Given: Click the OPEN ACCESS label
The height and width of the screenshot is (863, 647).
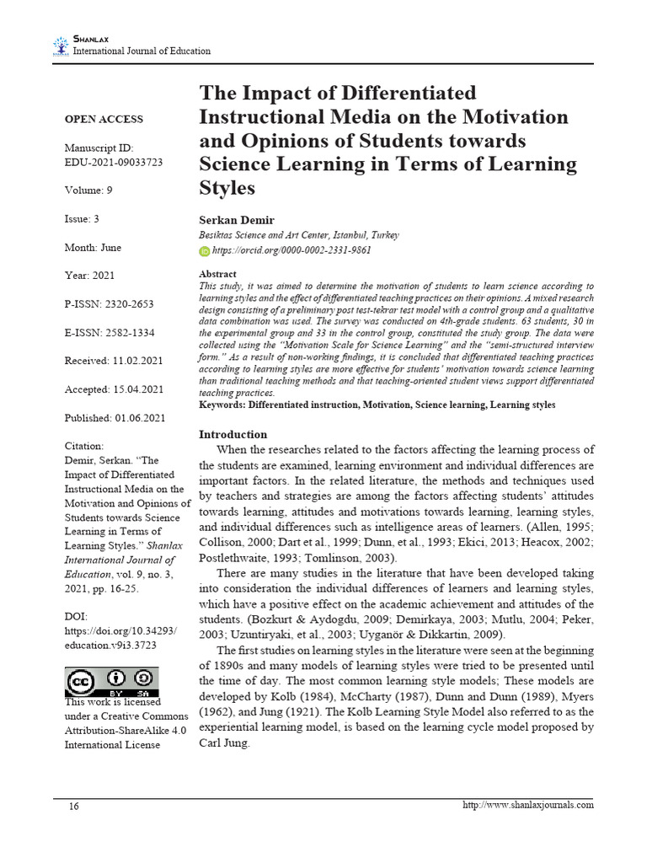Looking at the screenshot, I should (104, 119).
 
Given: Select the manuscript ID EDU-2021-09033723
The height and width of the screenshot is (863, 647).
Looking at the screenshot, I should (114, 161).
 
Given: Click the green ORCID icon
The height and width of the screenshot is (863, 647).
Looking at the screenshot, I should (204, 250).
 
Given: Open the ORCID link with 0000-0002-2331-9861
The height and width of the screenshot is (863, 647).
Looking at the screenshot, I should (291, 250).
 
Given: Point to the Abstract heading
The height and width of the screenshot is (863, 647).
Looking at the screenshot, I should (217, 274).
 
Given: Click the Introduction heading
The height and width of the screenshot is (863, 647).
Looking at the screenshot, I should (233, 434).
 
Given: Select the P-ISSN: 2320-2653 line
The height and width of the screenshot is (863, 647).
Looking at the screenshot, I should (110, 304).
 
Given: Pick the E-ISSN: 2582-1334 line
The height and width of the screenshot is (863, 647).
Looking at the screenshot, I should (110, 333).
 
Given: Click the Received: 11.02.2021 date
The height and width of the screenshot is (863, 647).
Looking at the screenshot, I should (115, 361).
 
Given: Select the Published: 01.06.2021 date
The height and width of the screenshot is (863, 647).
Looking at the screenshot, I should (115, 418).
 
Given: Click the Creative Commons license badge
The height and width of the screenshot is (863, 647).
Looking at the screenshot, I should (110, 681).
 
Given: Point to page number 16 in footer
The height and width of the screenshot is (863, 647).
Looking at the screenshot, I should (74, 806).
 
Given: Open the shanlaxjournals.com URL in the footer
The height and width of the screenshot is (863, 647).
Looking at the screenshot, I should (528, 805).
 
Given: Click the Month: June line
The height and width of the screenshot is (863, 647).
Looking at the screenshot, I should (93, 247).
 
